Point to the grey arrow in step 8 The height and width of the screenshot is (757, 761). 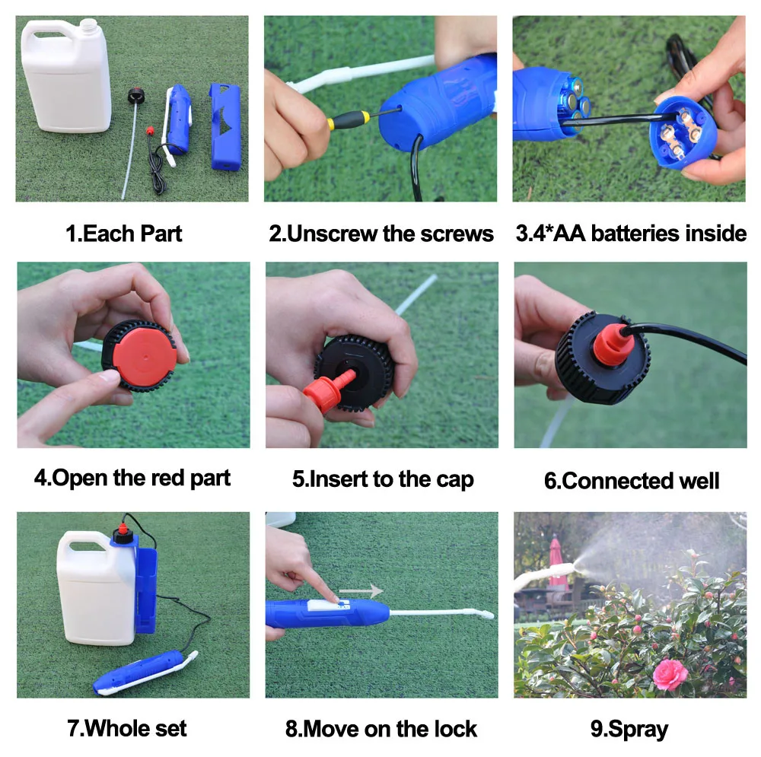361,590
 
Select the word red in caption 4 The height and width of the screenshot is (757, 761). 168,478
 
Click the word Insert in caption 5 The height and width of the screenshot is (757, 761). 339,479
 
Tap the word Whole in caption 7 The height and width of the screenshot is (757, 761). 118,728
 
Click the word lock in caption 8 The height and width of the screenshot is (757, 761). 455,729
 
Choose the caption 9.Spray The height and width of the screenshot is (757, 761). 629,730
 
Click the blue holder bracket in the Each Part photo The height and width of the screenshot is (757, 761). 225,126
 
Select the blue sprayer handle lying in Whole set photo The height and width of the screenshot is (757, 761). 141,671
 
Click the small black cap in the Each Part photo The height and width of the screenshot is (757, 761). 137,96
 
